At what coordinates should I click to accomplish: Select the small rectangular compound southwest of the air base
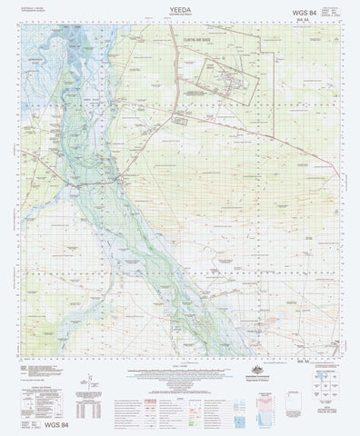(x=182, y=118)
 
